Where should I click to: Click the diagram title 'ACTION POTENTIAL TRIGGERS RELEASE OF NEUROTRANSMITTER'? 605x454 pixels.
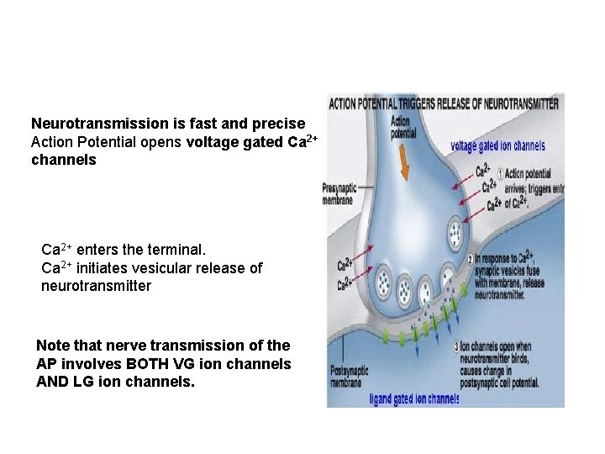click(x=444, y=104)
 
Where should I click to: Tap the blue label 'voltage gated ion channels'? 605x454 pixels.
click(x=497, y=146)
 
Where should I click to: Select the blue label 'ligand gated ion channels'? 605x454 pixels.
click(x=414, y=399)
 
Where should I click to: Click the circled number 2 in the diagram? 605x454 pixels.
click(x=471, y=258)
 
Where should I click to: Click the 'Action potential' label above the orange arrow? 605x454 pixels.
click(x=402, y=128)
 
